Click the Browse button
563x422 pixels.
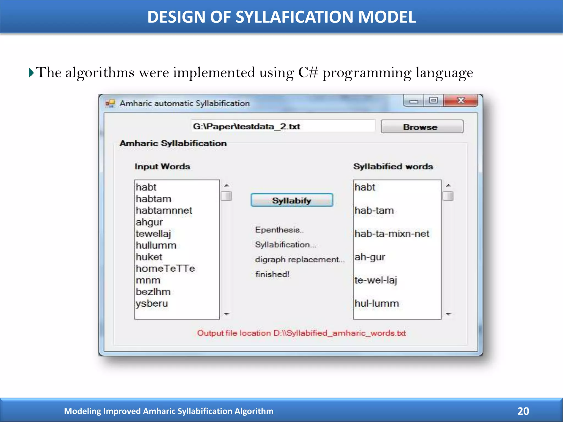click(x=422, y=127)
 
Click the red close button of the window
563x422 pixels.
click(x=461, y=101)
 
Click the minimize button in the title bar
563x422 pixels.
click(x=413, y=101)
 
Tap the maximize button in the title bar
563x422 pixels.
click(x=434, y=101)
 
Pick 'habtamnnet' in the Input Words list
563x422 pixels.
click(x=164, y=210)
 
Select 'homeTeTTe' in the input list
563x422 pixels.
click(x=165, y=268)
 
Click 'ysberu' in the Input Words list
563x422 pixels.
click(x=152, y=303)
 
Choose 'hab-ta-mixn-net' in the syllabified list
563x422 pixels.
click(x=392, y=234)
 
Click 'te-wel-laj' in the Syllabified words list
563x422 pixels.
click(x=376, y=280)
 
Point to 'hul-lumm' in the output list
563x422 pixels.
click(x=376, y=303)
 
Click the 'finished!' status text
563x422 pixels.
click(x=272, y=274)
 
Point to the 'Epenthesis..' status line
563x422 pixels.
click(x=279, y=230)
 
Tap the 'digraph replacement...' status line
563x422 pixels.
click(x=299, y=259)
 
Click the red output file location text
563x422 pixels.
click(x=301, y=333)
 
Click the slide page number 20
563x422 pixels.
click(x=523, y=411)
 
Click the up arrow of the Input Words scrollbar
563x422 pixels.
click(x=227, y=185)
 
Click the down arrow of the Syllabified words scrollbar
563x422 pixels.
click(x=448, y=314)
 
